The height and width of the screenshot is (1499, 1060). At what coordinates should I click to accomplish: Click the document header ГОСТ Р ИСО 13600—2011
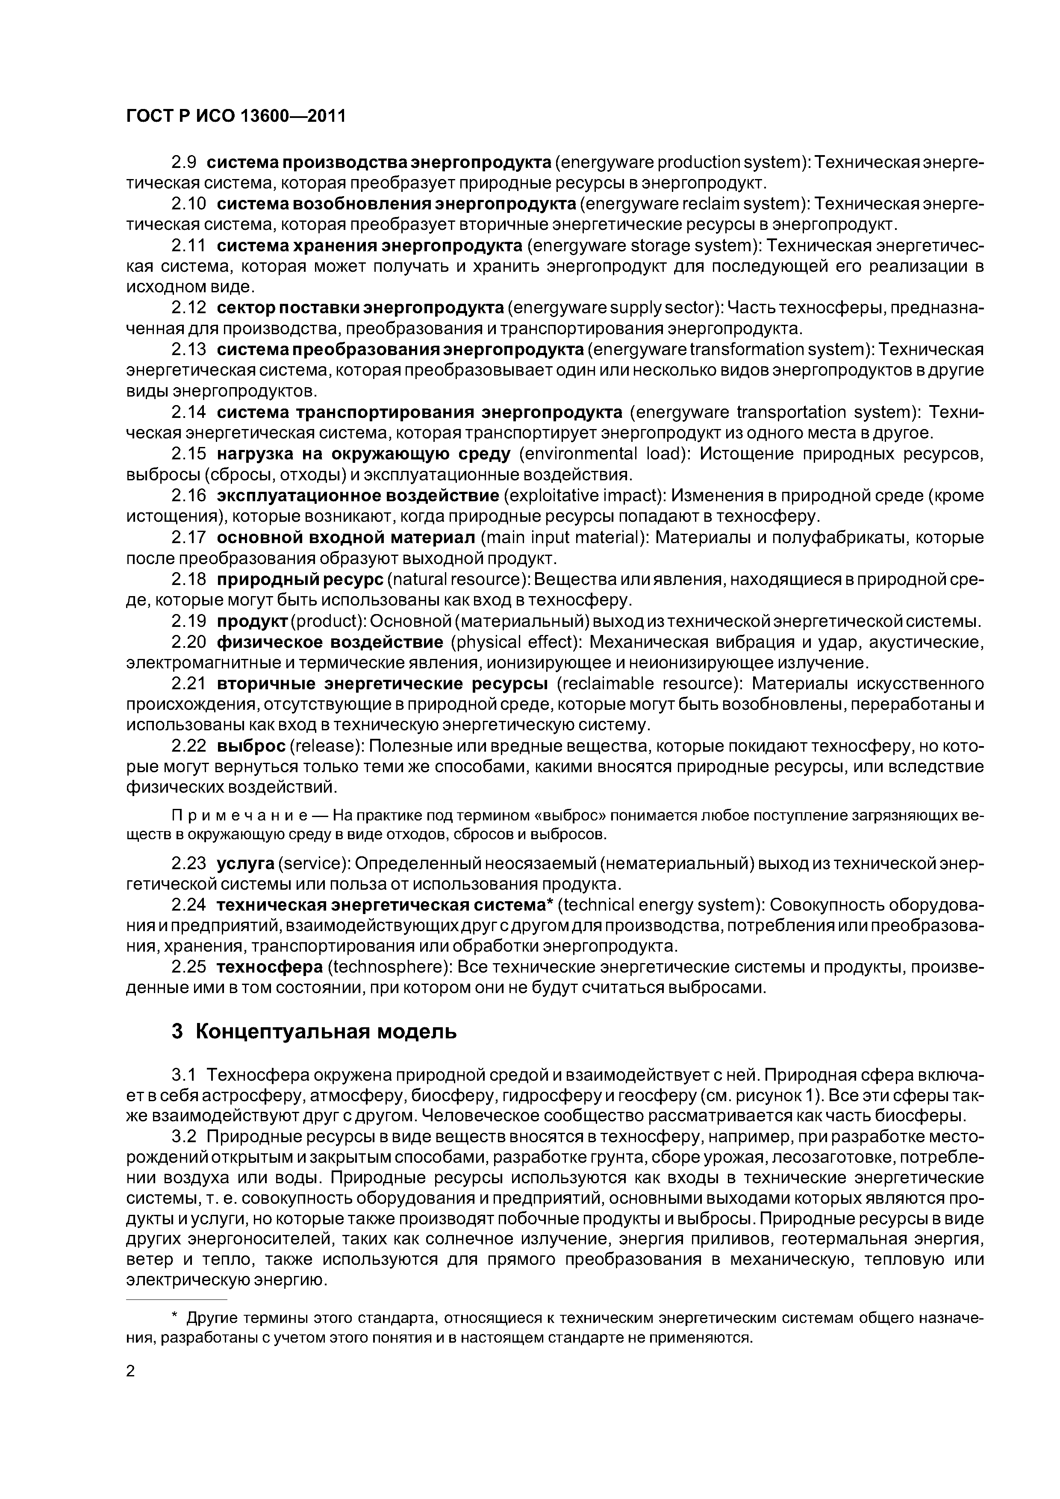click(x=235, y=116)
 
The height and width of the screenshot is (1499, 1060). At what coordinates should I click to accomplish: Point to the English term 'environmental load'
click(x=604, y=454)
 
